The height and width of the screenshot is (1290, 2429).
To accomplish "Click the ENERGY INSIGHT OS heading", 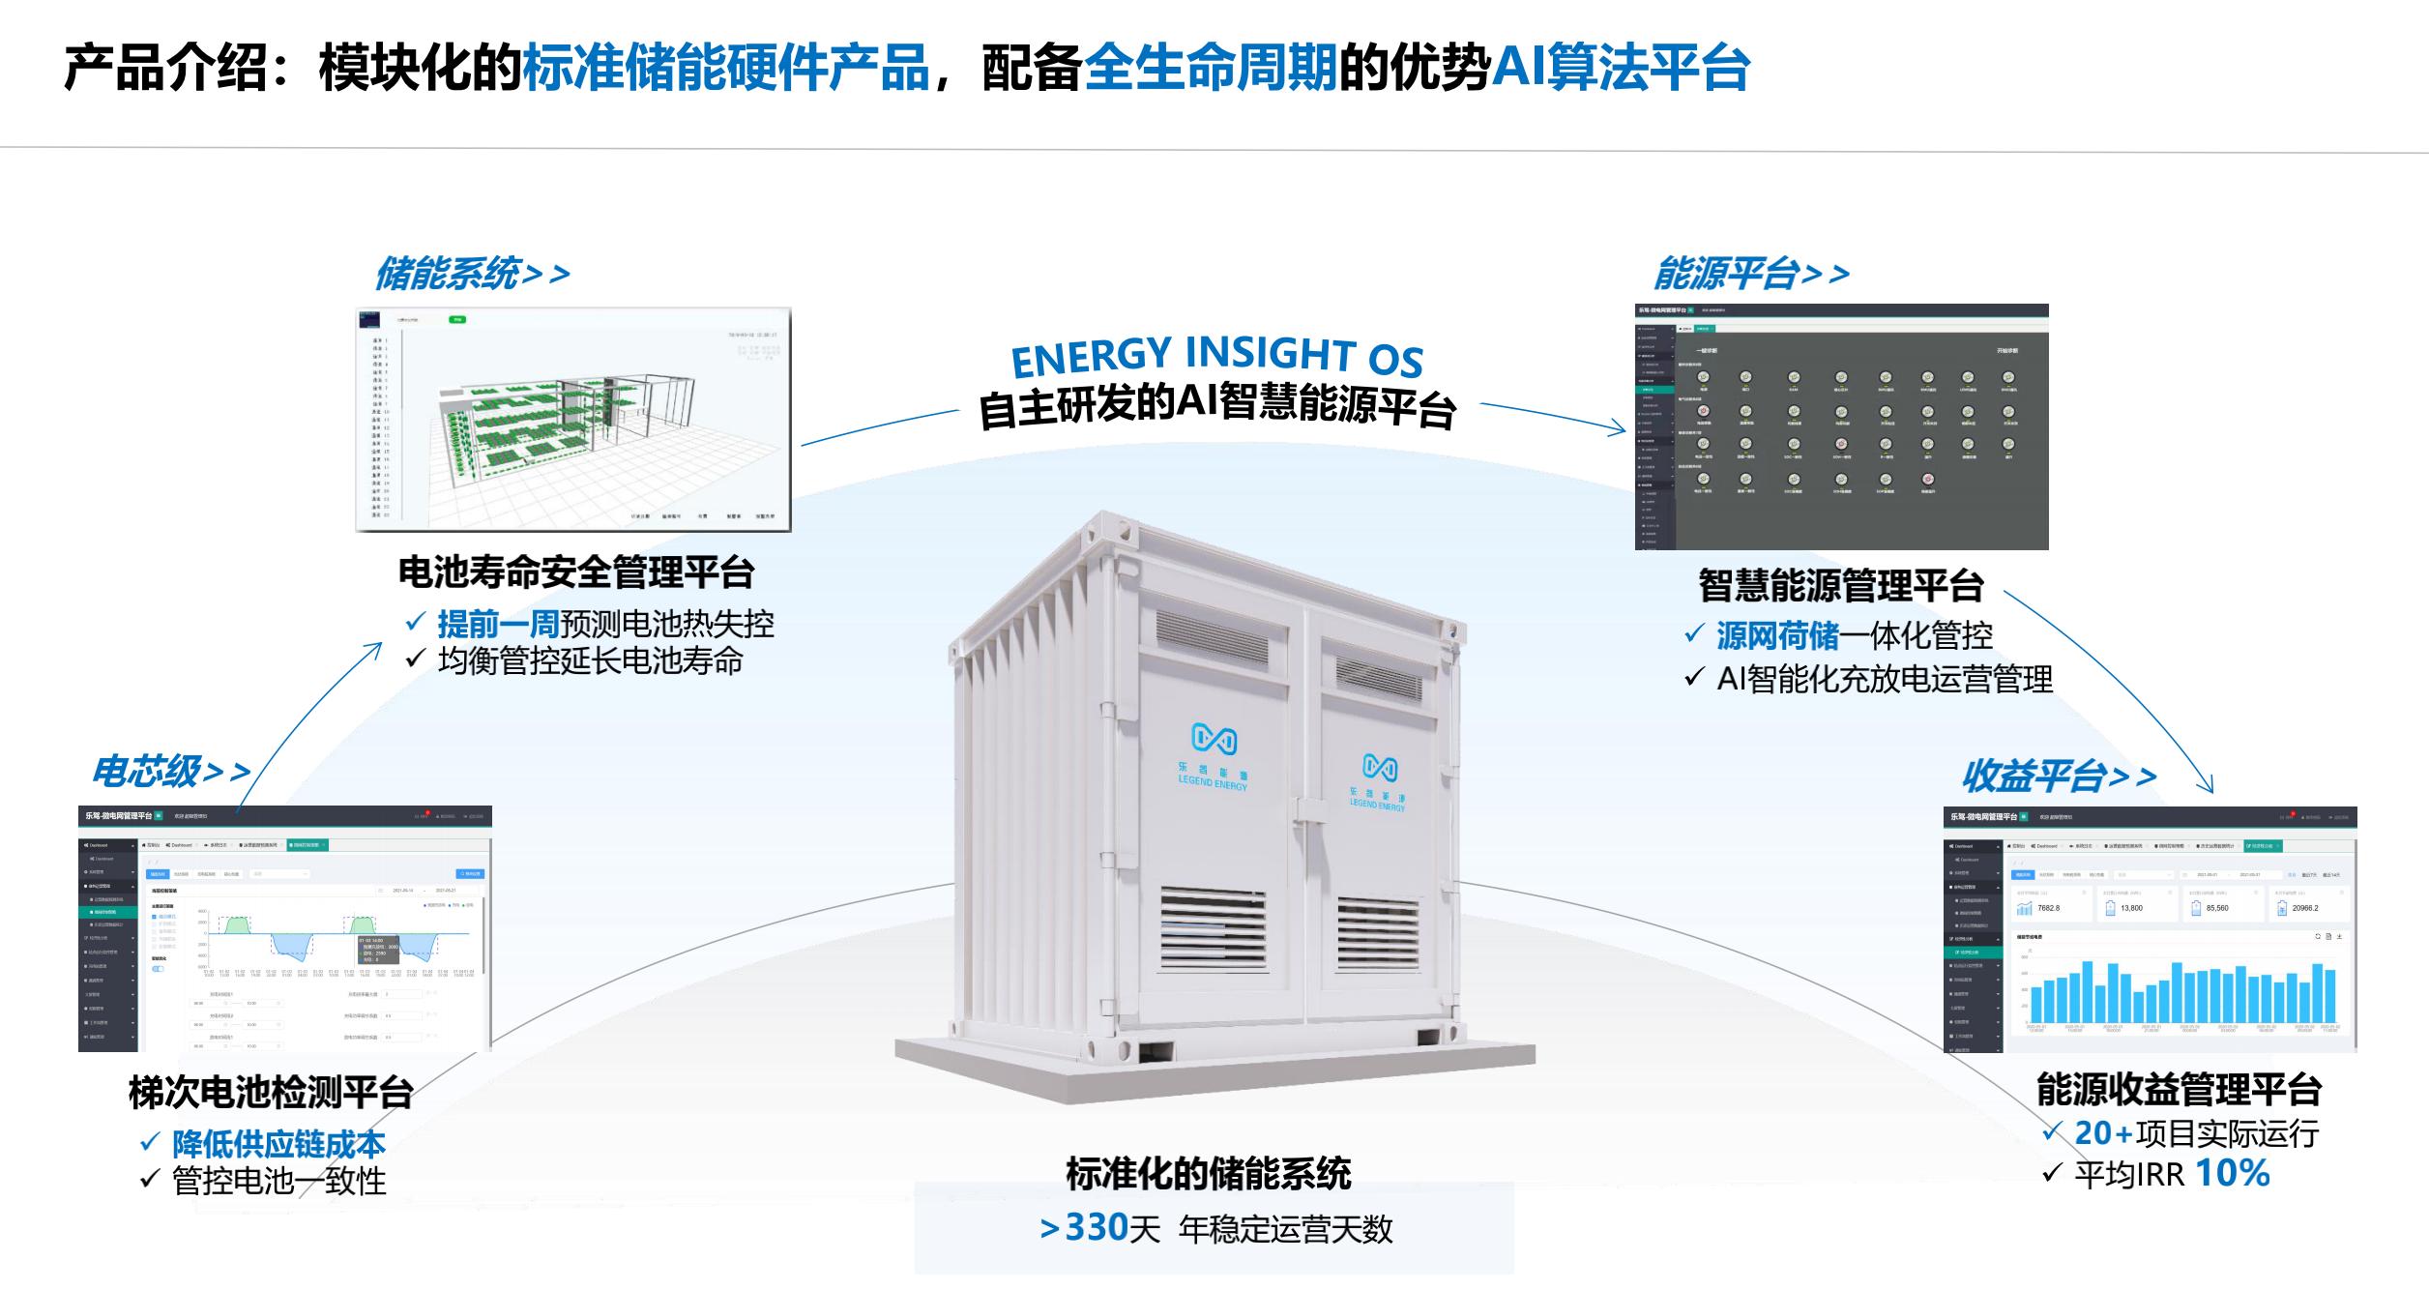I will coord(1216,356).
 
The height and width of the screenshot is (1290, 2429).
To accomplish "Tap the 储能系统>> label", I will coord(472,274).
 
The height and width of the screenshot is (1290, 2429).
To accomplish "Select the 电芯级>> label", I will coord(170,772).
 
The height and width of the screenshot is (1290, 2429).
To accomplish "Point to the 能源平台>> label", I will coord(1750,274).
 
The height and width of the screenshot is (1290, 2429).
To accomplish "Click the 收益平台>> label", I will coord(2058,776).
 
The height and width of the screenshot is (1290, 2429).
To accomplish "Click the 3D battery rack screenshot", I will coord(573,420).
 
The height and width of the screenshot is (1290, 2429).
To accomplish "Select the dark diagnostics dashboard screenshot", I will coord(1841,427).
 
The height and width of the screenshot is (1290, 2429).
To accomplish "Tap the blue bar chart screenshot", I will coord(2150,929).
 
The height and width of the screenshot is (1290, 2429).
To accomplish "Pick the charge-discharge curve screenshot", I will coord(285,928).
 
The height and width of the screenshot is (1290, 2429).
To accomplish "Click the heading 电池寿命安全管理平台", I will coord(576,572).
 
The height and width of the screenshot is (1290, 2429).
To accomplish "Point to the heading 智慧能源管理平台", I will coord(1841,585).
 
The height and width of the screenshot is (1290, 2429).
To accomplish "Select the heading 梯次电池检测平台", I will coord(271,1093).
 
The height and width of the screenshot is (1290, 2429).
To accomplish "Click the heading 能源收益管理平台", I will coord(2179,1089).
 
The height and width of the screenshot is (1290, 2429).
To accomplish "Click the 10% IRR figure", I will coord(2232,1173).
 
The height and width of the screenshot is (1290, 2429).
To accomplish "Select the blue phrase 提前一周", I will coord(498,624).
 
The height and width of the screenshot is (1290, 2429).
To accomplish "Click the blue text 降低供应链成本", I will coord(278,1144).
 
